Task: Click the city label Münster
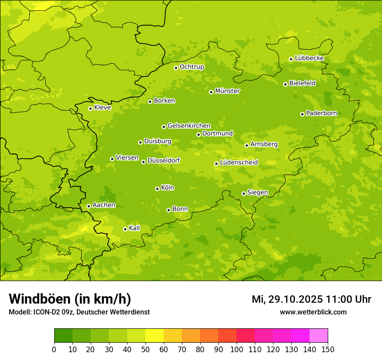click(x=227, y=91)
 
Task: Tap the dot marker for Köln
click(x=157, y=189)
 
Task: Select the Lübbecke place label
click(x=309, y=58)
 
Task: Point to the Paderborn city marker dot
click(x=302, y=114)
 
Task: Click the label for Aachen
click(x=104, y=205)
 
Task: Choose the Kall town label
click(x=134, y=228)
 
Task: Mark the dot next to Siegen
click(x=244, y=193)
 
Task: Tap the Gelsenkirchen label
click(x=189, y=126)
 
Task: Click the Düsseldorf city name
click(x=164, y=160)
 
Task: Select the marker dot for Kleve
click(x=90, y=108)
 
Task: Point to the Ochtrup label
click(x=191, y=67)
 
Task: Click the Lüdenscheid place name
click(x=239, y=163)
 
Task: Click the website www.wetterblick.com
click(x=313, y=312)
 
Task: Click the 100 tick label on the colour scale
click(x=237, y=349)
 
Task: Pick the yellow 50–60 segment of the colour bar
click(x=155, y=336)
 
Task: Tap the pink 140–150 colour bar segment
click(x=319, y=336)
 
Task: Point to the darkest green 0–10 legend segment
click(x=63, y=336)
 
